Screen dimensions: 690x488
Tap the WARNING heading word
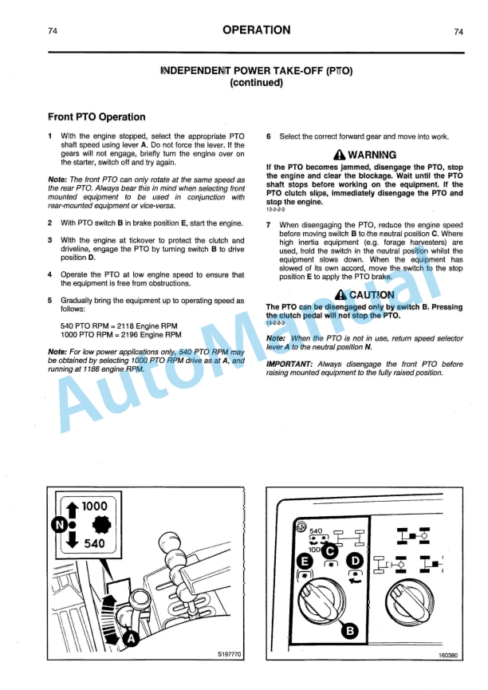point(372,154)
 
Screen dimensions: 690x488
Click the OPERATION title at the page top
point(256,30)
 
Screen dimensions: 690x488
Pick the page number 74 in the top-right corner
point(458,32)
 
